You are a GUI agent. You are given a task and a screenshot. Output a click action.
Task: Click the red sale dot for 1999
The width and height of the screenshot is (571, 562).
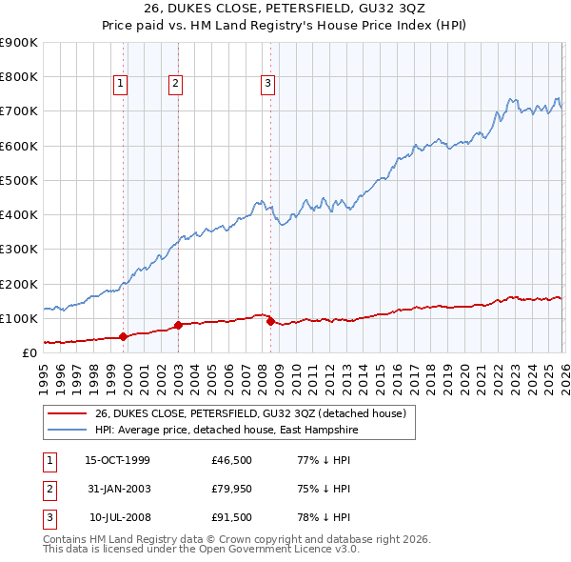click(123, 336)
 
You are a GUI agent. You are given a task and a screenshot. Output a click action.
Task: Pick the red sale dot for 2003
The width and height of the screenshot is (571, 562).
click(178, 325)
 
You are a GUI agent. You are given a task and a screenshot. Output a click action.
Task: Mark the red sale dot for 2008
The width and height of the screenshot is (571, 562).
click(270, 321)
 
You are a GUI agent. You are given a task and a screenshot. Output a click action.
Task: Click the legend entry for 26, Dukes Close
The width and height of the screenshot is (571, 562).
click(249, 413)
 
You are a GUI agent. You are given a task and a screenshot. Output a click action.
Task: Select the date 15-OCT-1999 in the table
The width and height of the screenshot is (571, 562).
click(117, 460)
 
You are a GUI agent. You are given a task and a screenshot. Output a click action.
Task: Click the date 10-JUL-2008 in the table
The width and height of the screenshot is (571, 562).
click(117, 517)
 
